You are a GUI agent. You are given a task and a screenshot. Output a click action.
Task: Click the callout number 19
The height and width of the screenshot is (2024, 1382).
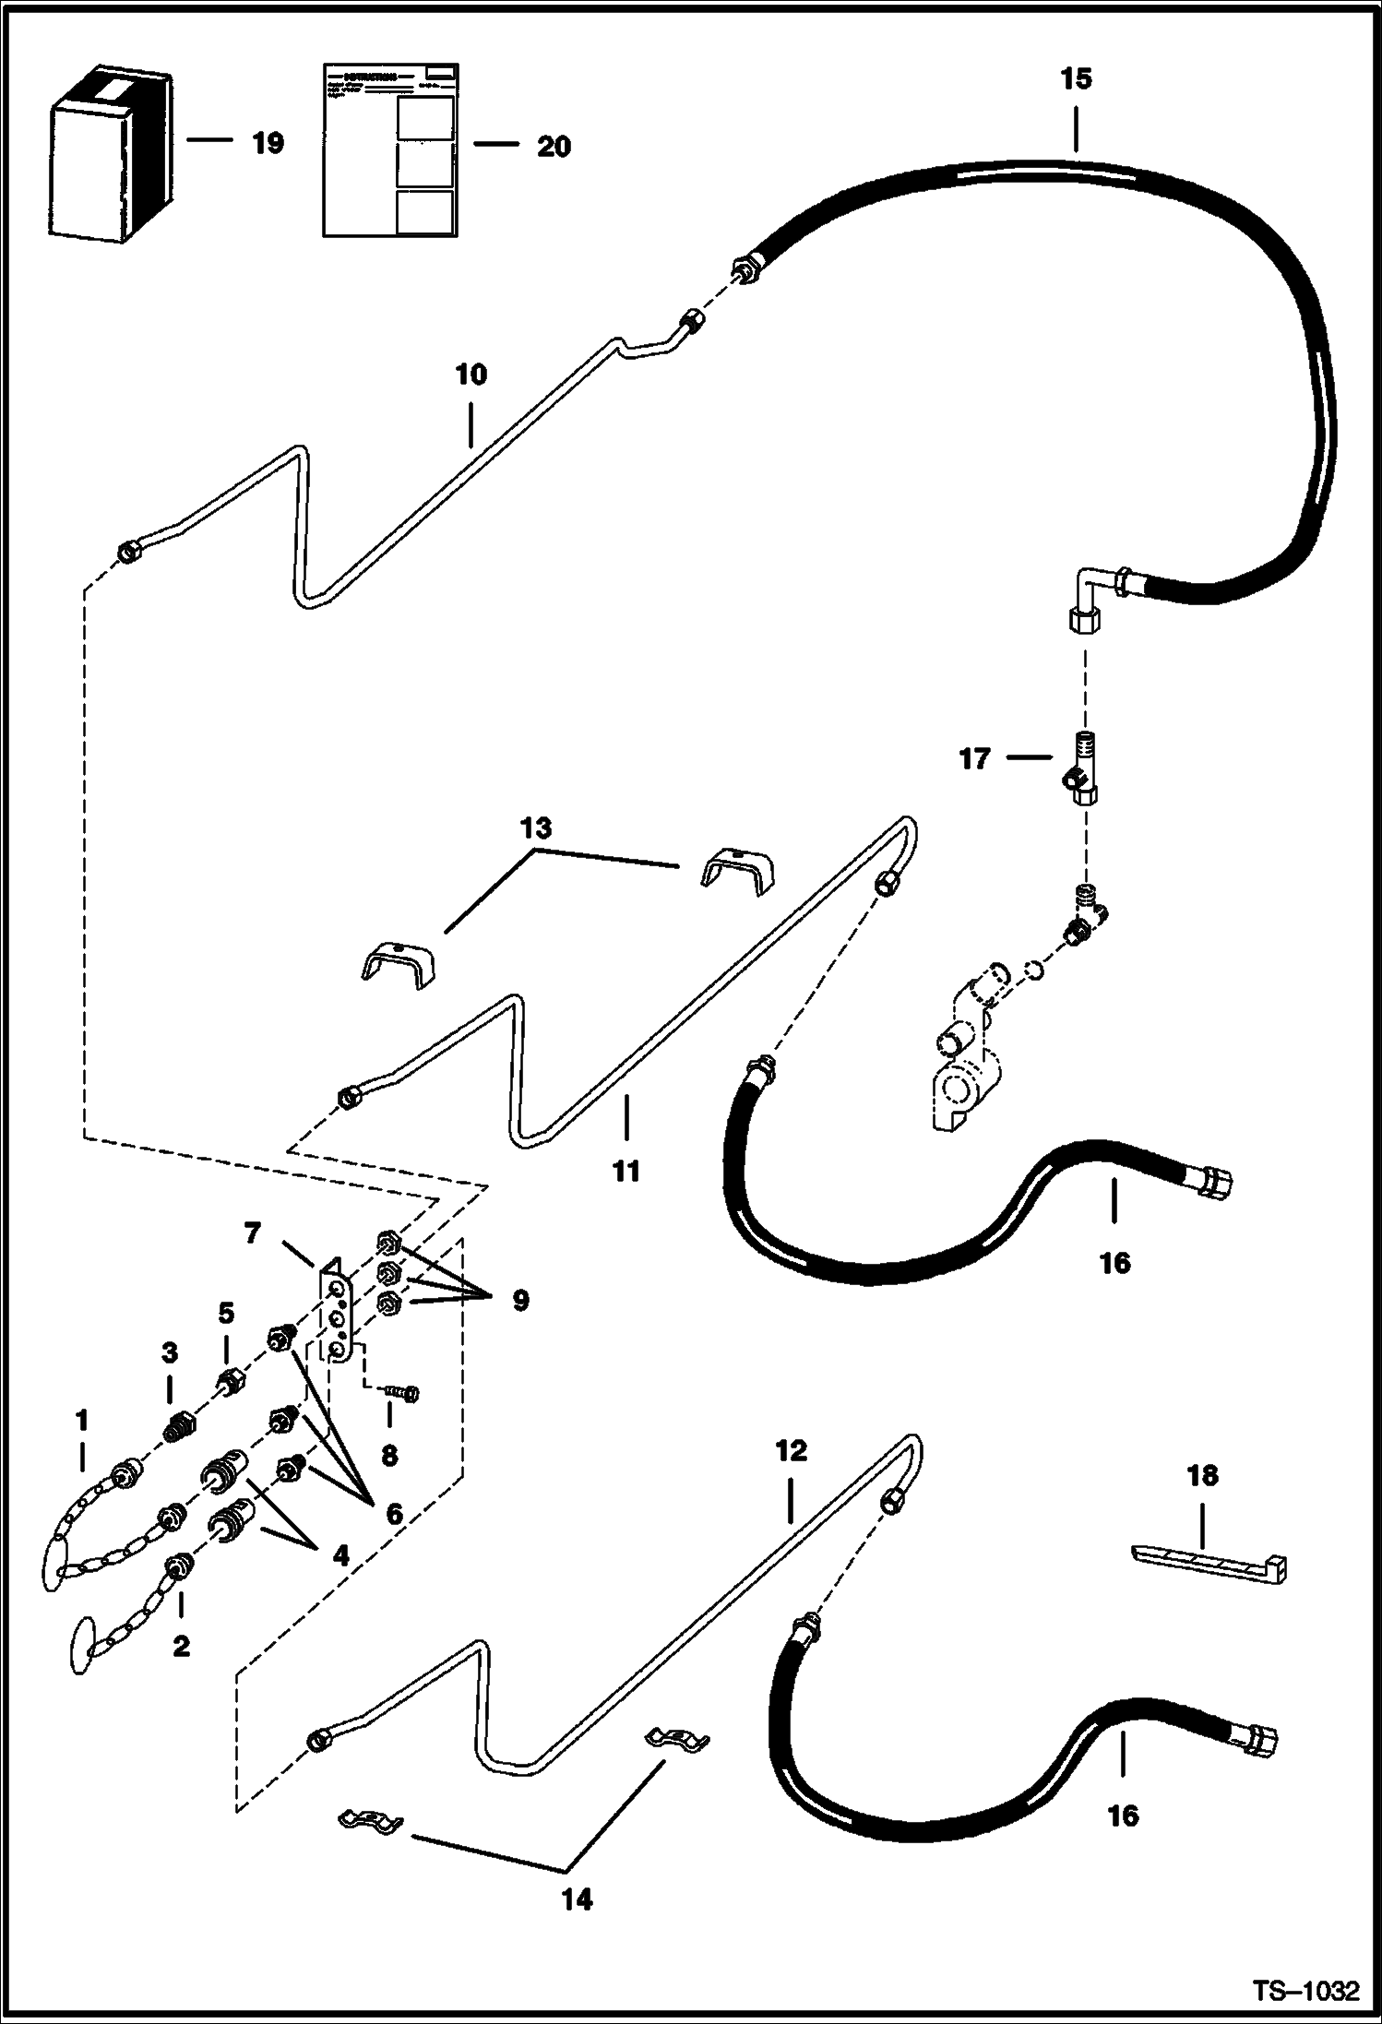pyautogui.click(x=268, y=143)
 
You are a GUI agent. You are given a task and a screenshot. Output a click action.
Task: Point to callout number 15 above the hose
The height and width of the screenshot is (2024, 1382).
pyautogui.click(x=1076, y=78)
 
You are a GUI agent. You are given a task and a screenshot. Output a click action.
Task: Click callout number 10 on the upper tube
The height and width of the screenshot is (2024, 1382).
pyautogui.click(x=471, y=375)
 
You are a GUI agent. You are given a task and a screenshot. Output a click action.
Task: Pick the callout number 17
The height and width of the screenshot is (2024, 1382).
pyautogui.click(x=974, y=759)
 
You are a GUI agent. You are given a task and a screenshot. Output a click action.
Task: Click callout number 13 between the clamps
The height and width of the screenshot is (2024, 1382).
pyautogui.click(x=536, y=827)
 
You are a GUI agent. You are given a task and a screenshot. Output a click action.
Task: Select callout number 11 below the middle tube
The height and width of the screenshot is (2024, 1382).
pyautogui.click(x=625, y=1173)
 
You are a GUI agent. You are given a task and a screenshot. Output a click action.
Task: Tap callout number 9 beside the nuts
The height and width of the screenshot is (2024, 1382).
pyautogui.click(x=520, y=1301)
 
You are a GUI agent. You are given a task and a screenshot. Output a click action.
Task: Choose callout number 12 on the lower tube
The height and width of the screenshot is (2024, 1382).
pyautogui.click(x=792, y=1451)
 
